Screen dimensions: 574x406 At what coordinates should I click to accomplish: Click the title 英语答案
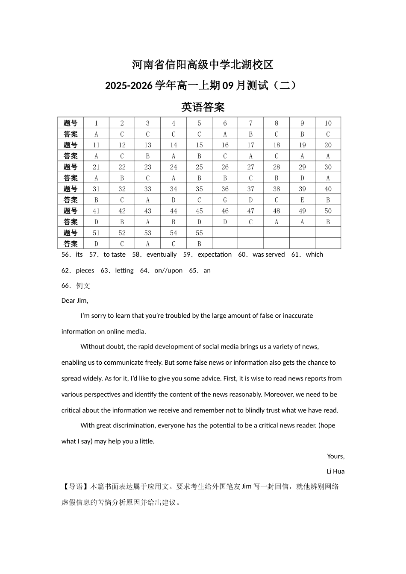click(x=203, y=107)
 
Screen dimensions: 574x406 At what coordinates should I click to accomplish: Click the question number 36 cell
click(x=225, y=189)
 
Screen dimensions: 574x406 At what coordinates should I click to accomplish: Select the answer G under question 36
click(x=225, y=200)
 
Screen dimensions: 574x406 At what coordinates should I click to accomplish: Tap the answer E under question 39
click(x=302, y=200)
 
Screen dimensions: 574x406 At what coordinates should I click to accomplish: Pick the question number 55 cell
click(x=199, y=233)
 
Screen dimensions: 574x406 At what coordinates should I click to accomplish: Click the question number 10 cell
click(x=328, y=123)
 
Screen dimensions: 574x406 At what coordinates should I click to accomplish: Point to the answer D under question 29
click(x=302, y=178)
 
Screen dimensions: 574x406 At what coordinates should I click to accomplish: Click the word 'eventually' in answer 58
click(x=162, y=255)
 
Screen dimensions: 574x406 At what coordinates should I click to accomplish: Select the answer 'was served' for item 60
click(x=268, y=255)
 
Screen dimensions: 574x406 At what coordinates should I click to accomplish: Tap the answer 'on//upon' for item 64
click(x=168, y=270)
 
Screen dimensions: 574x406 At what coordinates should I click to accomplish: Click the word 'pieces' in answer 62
click(x=85, y=270)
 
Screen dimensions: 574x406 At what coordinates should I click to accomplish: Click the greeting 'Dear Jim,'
click(x=75, y=301)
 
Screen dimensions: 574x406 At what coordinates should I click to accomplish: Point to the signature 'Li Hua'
click(x=335, y=471)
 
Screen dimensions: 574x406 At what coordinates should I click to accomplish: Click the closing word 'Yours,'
click(x=336, y=456)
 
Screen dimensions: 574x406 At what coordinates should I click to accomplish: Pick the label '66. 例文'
click(x=76, y=286)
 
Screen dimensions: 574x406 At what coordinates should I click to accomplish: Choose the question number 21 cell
click(x=96, y=167)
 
